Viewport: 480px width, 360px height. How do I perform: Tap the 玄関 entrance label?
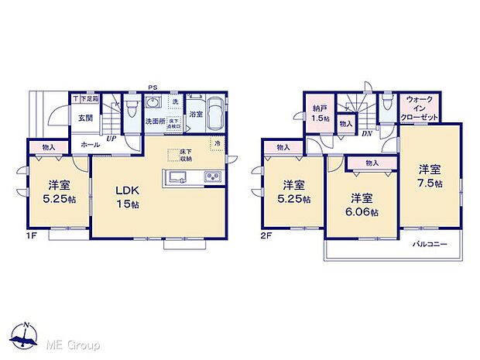coord(84,118)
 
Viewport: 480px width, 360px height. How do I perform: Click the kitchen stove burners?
coord(213,177)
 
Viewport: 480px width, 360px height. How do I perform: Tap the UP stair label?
coord(112,138)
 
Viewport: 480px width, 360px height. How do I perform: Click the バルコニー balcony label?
coord(426,244)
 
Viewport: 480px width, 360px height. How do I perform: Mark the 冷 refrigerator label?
coord(217,144)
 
